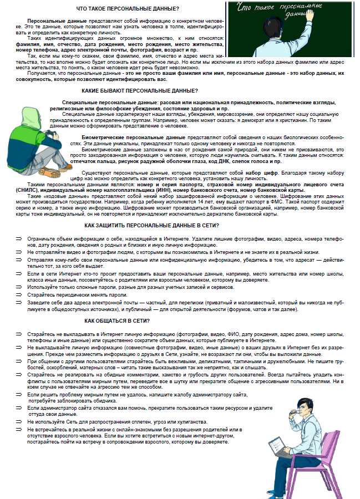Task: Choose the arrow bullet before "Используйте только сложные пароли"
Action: [x=18, y=287]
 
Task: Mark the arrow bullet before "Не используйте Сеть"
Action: [x=18, y=421]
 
